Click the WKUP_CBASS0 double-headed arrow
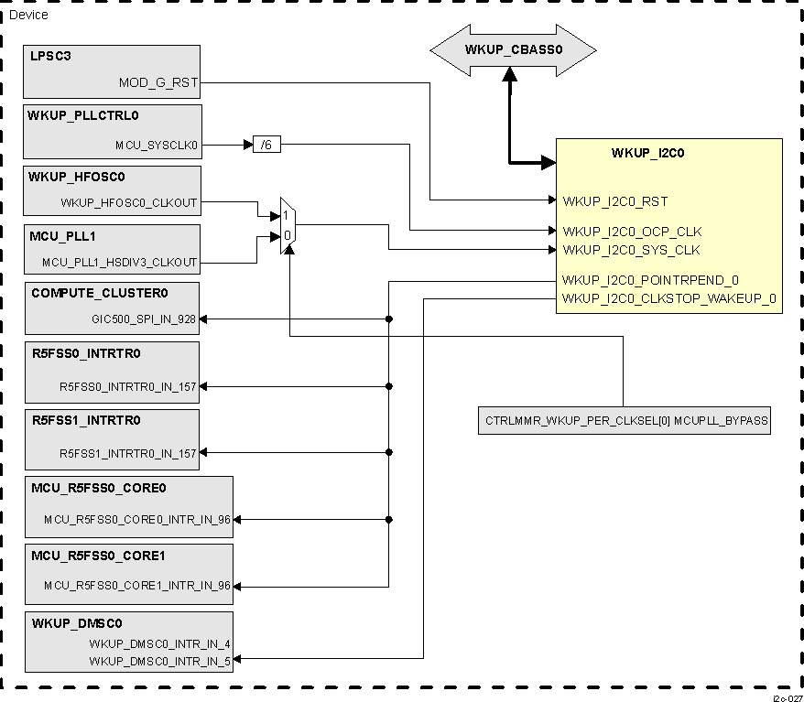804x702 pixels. [x=513, y=49]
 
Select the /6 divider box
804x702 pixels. [x=266, y=145]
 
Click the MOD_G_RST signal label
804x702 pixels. [x=158, y=83]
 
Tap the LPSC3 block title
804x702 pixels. [x=50, y=56]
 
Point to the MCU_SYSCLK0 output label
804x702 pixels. [x=156, y=145]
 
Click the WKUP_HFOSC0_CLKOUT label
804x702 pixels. [x=128, y=202]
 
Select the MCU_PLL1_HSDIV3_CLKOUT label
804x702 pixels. [x=119, y=263]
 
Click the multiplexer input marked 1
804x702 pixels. [x=286, y=215]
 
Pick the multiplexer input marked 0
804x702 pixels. [x=286, y=235]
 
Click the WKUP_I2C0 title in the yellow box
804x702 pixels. [x=647, y=153]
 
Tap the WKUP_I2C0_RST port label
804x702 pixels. [x=614, y=200]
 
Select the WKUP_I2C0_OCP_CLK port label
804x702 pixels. [x=632, y=232]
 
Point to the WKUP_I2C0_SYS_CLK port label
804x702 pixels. [x=631, y=250]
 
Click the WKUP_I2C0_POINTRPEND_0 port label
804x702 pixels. [x=650, y=280]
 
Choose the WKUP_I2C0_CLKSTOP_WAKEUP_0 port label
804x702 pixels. [x=669, y=297]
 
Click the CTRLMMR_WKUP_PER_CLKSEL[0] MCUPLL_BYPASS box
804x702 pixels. [x=624, y=421]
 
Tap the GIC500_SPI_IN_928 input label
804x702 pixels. [x=144, y=319]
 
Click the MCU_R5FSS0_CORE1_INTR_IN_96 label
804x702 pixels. [x=137, y=586]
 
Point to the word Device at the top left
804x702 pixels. [x=28, y=15]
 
